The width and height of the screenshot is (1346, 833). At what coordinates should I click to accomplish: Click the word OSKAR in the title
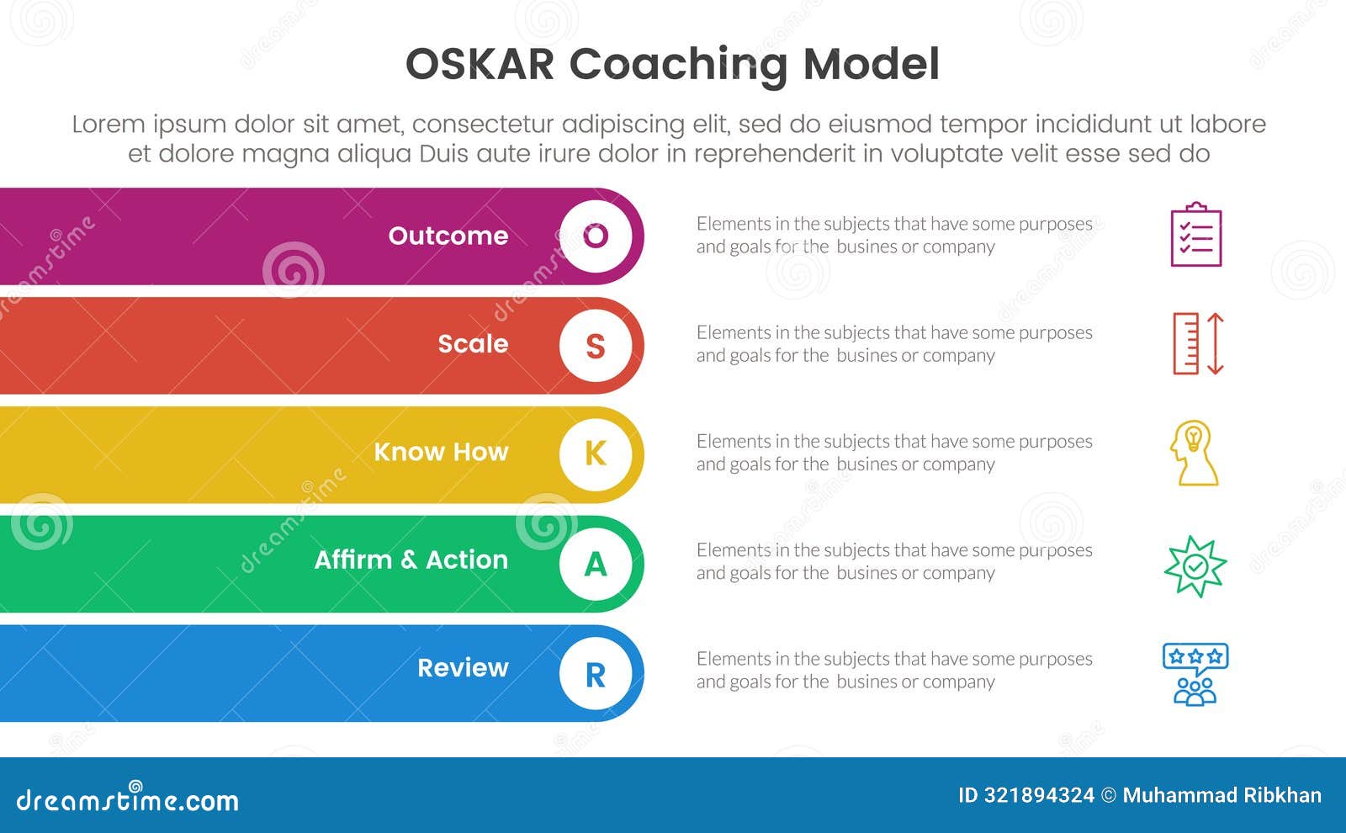tap(480, 64)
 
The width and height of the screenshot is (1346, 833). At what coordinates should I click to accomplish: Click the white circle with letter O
tap(596, 236)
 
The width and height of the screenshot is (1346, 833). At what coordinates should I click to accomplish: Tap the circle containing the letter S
tap(596, 345)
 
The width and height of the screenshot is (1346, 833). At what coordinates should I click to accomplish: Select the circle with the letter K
tap(596, 454)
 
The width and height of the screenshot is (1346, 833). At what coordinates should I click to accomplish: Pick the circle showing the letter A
tap(596, 563)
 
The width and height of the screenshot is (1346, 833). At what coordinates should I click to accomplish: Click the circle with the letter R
tap(596, 673)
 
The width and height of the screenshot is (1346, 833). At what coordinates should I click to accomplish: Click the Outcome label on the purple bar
tap(448, 236)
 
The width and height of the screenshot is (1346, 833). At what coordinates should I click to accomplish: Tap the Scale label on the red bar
tap(473, 343)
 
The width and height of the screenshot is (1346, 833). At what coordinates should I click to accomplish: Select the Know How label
tap(441, 452)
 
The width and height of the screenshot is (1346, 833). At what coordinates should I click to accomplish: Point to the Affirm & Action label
tap(411, 560)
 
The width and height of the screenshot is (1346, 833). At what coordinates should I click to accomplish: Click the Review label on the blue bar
tap(463, 668)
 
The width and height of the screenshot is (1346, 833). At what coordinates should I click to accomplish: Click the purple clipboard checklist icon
tap(1195, 235)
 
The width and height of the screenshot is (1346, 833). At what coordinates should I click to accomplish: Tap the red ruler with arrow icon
tap(1197, 343)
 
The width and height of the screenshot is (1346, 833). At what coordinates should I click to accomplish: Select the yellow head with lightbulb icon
tap(1194, 453)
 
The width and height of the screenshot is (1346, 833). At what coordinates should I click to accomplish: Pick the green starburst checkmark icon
tap(1195, 566)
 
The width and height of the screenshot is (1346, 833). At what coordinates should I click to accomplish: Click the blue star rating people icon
tap(1195, 674)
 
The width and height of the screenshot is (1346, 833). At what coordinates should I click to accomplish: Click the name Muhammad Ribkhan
tap(1221, 795)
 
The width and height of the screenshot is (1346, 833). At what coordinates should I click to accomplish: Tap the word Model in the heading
tap(871, 64)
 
